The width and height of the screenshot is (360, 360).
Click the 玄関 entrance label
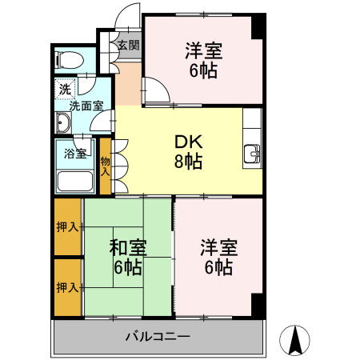tap(127, 45)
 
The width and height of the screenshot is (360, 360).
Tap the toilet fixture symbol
tap(67, 58)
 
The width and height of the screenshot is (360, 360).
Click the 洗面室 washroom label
tap(84, 105)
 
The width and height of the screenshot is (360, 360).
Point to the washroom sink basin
tap(64, 123)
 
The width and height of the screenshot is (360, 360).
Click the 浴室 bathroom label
tap(74, 154)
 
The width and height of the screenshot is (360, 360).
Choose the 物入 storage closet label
tap(106, 166)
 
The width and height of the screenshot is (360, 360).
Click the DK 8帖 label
tap(190, 151)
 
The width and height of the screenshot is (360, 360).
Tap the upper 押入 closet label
tap(67, 227)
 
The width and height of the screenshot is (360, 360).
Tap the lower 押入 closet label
tap(67, 286)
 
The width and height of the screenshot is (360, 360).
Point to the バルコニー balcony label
tap(157, 336)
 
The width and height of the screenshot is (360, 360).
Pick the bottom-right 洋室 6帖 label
tap(218, 257)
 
